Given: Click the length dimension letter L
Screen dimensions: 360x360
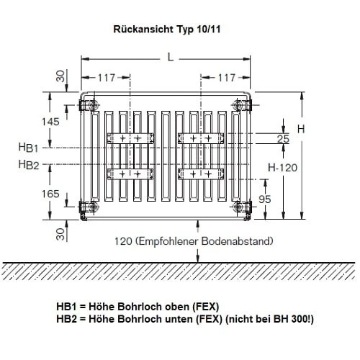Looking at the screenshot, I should coord(170,58).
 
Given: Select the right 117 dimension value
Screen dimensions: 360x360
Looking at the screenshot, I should coord(226,77).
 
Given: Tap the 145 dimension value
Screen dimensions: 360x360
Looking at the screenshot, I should coord(50,122).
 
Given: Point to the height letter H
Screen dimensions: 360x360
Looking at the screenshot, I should coord(301,129).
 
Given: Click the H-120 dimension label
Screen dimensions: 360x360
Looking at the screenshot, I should coord(282,166).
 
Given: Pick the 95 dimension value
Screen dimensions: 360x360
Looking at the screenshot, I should coord(264,198).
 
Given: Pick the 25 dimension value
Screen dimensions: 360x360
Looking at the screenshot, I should coord(282,138).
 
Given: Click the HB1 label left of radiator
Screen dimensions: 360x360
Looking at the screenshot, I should coord(29,147).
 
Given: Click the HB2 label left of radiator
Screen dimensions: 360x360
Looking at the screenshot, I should coord(29,165).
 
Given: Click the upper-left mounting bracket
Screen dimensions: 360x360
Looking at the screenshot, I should coord(129,138).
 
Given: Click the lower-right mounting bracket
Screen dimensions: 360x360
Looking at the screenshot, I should coord(199,173).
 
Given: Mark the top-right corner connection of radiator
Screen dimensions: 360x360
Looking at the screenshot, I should coord(238,105).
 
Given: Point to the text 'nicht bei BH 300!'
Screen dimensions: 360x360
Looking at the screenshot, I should coord(270,318).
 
